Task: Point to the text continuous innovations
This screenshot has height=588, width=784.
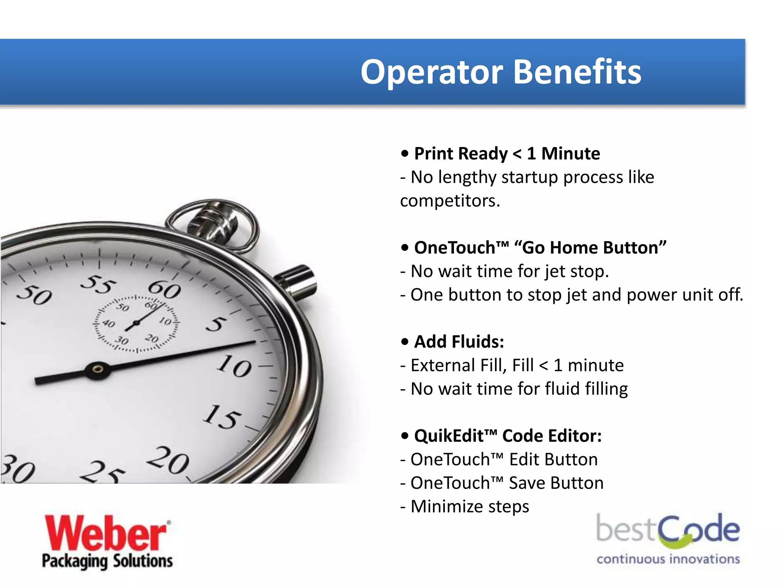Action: [668, 559]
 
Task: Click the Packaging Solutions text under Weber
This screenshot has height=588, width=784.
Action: [107, 561]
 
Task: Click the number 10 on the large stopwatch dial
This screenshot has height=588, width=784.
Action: [234, 366]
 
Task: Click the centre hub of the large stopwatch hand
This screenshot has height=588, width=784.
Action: [98, 369]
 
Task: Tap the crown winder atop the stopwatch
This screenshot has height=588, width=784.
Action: [213, 222]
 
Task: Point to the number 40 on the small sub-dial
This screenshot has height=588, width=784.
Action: [109, 324]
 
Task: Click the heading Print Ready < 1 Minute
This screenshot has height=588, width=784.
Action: [507, 154]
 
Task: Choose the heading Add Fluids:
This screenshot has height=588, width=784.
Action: [459, 341]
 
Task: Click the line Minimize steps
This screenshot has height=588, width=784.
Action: [470, 506]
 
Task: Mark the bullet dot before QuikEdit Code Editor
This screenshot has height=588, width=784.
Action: [405, 436]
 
